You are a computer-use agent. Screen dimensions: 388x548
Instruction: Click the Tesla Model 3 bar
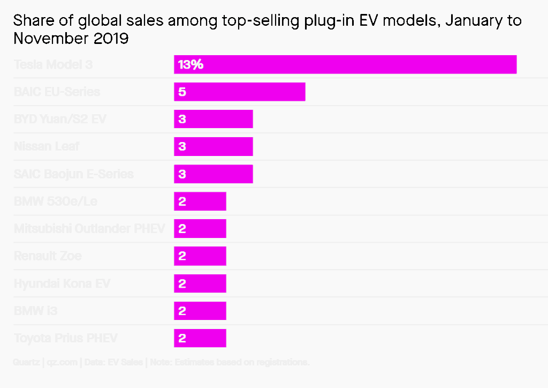coord(345,64)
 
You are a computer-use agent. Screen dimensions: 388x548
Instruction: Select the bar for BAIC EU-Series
coord(240,92)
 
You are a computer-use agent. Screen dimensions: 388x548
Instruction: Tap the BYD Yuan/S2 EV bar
coord(214,119)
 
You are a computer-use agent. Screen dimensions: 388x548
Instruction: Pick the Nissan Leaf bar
coord(214,146)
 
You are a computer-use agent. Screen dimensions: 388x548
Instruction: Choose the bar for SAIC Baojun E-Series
coord(214,174)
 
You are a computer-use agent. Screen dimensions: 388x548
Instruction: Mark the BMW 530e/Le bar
coord(200,202)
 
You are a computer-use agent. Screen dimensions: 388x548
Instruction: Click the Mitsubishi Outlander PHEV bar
coord(200,229)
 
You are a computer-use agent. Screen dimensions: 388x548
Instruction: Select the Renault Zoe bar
coord(200,256)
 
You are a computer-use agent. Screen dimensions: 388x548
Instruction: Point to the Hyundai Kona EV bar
coord(200,283)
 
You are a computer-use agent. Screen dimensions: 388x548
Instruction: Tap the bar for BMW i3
coord(200,311)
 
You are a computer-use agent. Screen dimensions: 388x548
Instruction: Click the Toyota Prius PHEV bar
coord(200,338)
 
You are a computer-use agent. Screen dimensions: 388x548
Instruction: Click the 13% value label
coord(191,65)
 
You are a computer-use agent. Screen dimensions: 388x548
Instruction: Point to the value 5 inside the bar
coord(182,92)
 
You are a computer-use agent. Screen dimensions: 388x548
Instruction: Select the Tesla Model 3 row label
coord(53,65)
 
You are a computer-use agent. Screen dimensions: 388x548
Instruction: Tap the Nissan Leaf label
coord(47,146)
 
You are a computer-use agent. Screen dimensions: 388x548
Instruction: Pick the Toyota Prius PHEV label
coord(65,338)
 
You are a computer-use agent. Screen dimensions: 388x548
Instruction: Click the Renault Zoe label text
coord(48,256)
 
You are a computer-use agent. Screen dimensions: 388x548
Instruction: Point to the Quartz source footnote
coord(161,363)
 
